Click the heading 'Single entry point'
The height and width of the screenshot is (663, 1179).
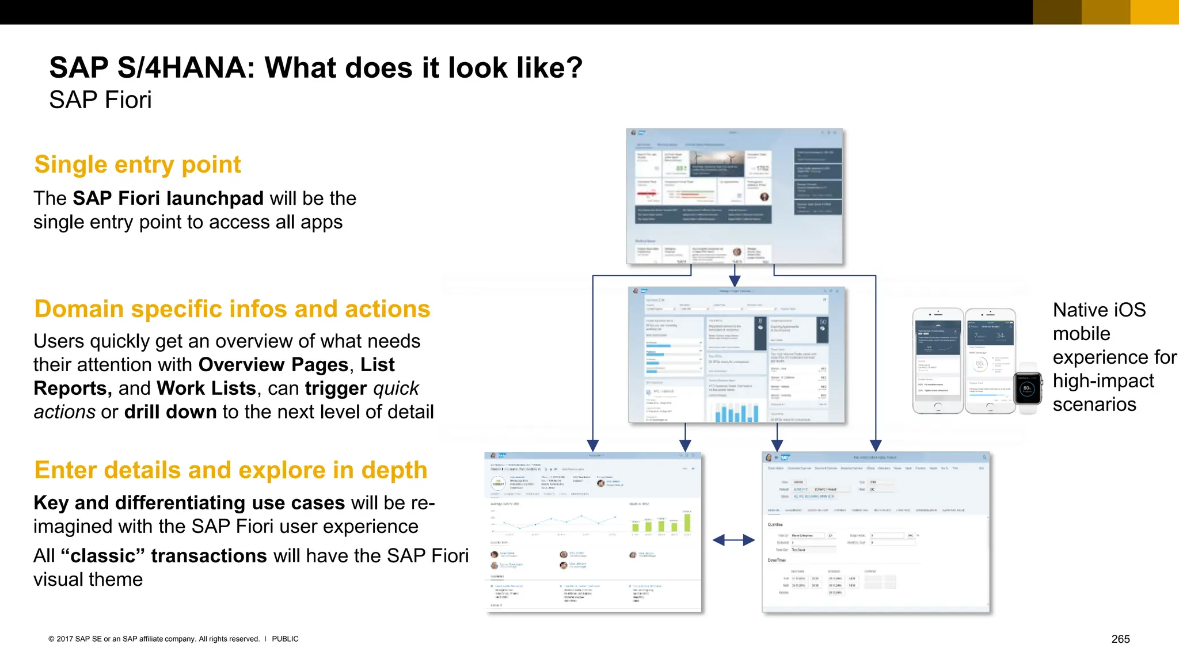[x=137, y=165]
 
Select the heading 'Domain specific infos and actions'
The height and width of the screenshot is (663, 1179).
[x=232, y=309]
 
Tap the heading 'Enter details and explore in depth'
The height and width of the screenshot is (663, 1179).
[x=230, y=470]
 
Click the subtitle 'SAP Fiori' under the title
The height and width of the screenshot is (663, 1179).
[x=100, y=100]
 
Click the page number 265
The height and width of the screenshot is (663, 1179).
[x=1120, y=639]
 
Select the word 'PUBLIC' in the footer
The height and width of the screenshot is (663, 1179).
[x=285, y=639]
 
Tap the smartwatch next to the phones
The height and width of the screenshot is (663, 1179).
[x=1028, y=388]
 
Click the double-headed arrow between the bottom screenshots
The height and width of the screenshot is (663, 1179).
[x=733, y=540]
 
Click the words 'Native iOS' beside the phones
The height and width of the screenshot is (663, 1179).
[x=1099, y=310]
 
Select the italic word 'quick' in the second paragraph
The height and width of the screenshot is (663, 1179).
[x=395, y=388]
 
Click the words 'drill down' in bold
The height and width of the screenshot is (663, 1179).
[x=170, y=412]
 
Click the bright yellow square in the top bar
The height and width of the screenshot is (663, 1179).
[x=1154, y=12]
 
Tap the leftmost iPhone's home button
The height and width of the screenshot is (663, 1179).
[x=937, y=407]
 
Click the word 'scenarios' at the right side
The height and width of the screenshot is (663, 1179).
[x=1094, y=405]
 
